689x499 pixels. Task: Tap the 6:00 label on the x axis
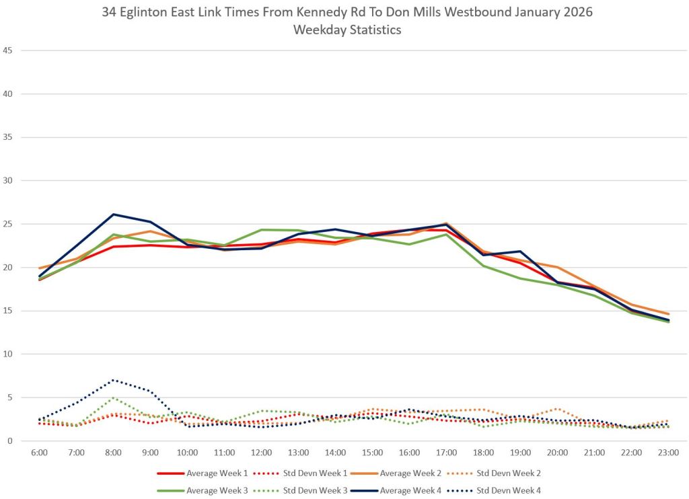39,453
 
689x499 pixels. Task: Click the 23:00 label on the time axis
668,453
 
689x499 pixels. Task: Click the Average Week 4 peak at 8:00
113,215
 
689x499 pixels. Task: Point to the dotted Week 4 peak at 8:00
113,380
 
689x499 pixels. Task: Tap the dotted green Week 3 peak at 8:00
113,398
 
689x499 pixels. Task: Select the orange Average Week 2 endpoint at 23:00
668,314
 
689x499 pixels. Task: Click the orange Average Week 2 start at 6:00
39,268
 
